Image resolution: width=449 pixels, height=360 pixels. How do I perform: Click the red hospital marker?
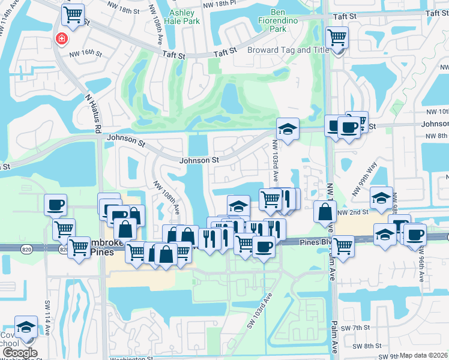tap(61, 39)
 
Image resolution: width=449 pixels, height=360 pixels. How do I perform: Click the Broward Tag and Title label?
tap(288, 50)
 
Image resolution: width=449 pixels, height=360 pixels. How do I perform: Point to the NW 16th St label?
tap(83, 53)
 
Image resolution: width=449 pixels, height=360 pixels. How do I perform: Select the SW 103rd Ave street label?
tap(259, 310)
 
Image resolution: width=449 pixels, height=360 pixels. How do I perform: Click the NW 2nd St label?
tap(351, 212)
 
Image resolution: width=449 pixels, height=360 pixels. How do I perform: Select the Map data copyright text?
tap(424, 355)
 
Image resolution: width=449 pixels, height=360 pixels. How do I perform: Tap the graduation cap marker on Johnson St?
tap(288, 128)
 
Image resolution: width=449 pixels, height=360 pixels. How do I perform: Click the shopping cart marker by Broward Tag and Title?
tap(337, 38)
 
